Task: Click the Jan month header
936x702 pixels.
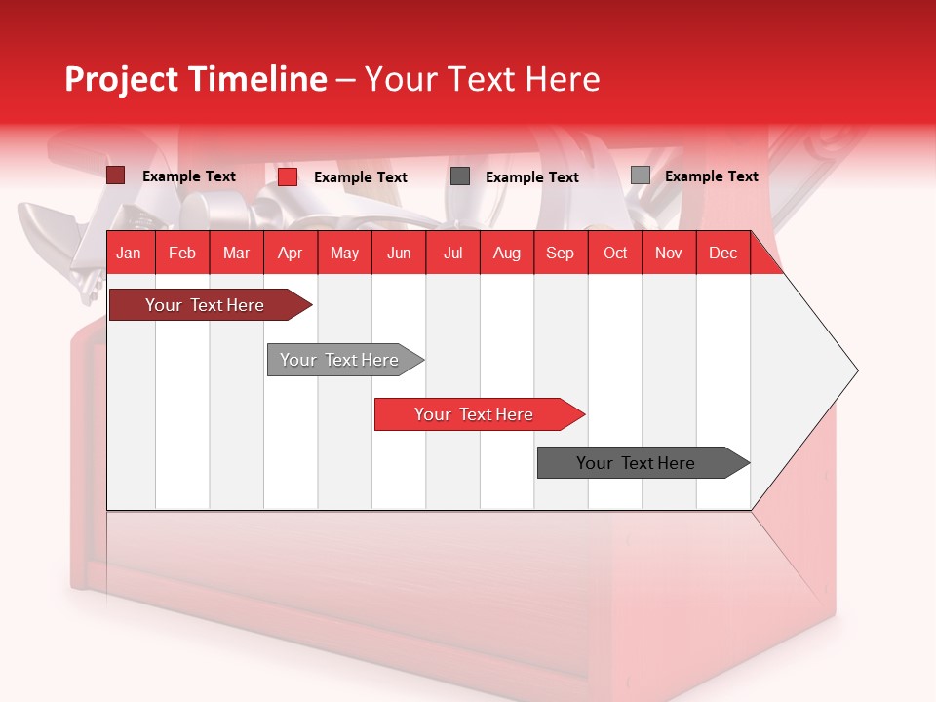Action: tap(129, 253)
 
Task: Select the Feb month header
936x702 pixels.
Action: tap(182, 253)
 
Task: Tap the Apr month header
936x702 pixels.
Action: tap(290, 253)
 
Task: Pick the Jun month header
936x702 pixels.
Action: tap(399, 253)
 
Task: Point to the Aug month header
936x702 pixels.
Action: tap(506, 253)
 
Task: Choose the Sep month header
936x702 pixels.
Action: tap(560, 253)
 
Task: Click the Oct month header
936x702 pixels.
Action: tap(615, 253)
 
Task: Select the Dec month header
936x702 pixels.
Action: tap(722, 253)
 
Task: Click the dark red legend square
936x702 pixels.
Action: tap(116, 175)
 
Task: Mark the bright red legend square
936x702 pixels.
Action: tap(288, 176)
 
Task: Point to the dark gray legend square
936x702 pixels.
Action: tap(460, 176)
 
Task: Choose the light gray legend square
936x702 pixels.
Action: tap(641, 175)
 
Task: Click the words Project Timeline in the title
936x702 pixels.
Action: tap(195, 79)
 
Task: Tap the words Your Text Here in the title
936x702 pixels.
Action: tap(482, 79)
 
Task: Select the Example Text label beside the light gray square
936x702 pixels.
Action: tap(711, 176)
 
